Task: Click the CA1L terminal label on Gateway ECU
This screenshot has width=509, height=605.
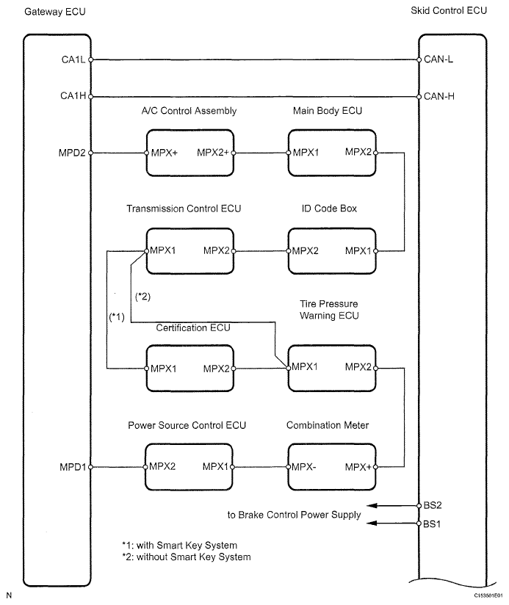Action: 73,59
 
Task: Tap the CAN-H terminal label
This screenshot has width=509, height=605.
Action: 439,96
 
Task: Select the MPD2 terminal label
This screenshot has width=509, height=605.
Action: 72,153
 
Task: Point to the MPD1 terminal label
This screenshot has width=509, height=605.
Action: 73,467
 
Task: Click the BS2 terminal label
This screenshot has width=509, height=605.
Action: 433,505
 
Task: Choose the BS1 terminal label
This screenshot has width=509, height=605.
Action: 432,524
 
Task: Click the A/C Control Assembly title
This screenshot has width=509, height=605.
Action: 189,111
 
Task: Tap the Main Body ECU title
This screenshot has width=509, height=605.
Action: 328,111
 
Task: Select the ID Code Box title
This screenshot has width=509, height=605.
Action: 329,209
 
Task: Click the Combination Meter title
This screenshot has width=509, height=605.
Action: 328,425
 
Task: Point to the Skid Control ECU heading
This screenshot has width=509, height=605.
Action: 449,11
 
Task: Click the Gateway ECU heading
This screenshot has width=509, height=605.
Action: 55,12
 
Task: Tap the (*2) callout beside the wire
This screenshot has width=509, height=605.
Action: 142,297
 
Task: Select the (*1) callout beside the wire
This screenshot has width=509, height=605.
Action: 117,317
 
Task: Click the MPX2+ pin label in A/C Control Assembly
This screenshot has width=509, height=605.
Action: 213,153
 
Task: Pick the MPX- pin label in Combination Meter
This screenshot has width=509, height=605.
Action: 303,467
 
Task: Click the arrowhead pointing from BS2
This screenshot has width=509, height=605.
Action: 372,505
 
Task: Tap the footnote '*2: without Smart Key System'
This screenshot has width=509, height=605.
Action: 187,557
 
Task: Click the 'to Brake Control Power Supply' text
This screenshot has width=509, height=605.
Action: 294,515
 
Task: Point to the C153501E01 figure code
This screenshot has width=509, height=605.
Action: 488,595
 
